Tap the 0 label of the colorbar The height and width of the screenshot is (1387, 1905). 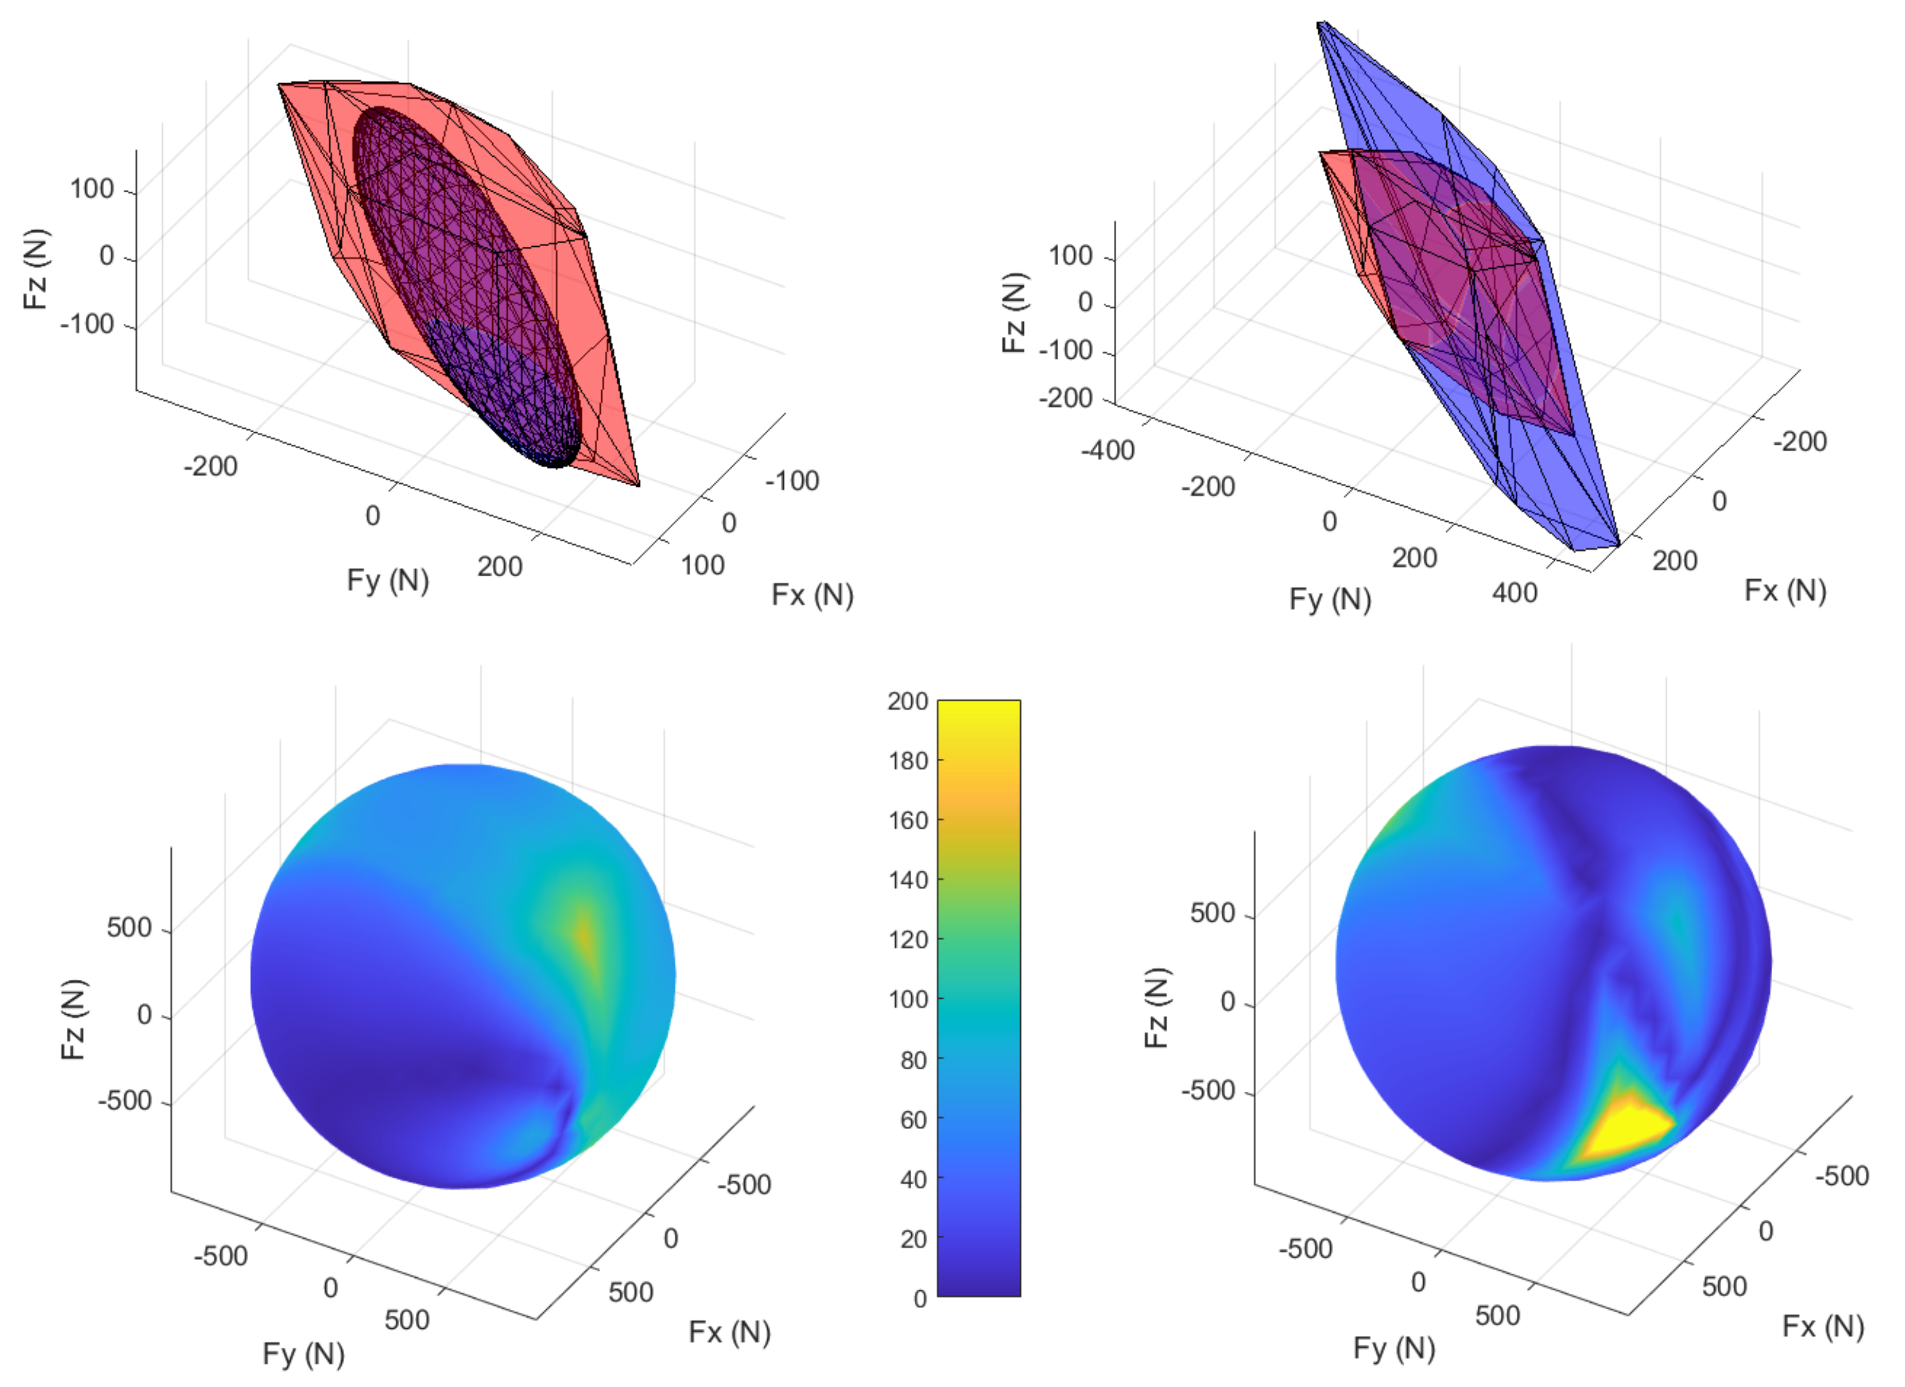point(920,1299)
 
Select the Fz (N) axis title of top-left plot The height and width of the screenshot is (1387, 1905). point(36,269)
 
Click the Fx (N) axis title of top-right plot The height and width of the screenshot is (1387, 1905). point(1785,590)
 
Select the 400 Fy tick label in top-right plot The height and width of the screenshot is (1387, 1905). point(1514,593)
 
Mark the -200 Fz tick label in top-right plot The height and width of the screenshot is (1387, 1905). point(1065,397)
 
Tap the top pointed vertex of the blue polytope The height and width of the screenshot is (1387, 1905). point(1320,23)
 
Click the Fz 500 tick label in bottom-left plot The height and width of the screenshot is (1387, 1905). point(129,928)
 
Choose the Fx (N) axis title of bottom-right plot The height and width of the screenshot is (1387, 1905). point(1823,1326)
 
